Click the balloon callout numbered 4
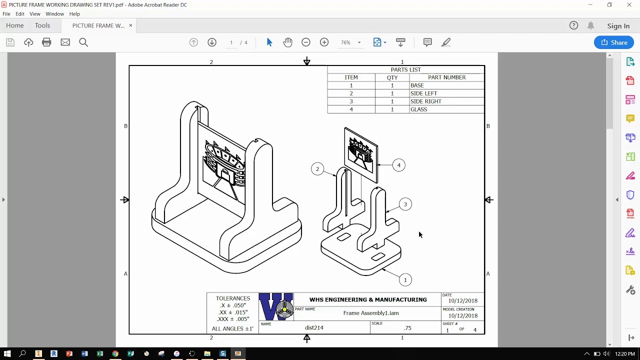(x=398, y=165)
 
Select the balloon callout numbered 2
(x=317, y=169)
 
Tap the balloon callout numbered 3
(x=405, y=204)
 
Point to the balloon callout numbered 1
(x=405, y=280)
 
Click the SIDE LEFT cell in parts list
(x=423, y=93)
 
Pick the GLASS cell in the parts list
(x=418, y=109)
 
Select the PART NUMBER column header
(x=446, y=77)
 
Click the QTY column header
(x=392, y=77)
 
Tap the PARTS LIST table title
(x=405, y=69)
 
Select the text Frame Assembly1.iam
(x=370, y=313)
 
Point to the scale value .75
(x=407, y=328)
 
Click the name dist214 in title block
(x=314, y=328)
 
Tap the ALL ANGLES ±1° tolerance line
(x=232, y=328)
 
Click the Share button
(x=613, y=42)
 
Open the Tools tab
(x=42, y=25)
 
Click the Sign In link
(x=618, y=26)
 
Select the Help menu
(x=74, y=14)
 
